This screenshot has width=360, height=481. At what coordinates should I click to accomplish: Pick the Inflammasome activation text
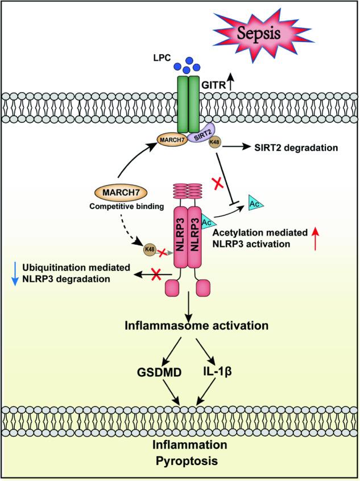192,326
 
